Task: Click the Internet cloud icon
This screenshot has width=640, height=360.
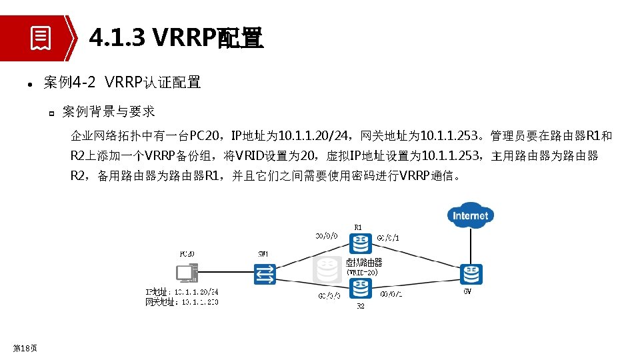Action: [x=471, y=215]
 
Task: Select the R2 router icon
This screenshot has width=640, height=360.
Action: [x=361, y=288]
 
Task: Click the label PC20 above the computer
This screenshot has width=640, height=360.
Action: [x=187, y=254]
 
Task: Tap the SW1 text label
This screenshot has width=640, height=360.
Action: [x=263, y=254]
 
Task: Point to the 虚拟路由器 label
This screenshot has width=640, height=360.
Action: [x=363, y=263]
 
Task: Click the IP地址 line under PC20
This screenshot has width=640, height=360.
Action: [x=182, y=291]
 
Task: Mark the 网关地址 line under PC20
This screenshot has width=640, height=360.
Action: [x=182, y=301]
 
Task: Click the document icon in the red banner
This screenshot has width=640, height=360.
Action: [x=41, y=38]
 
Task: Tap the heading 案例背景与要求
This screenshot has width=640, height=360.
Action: [x=109, y=111]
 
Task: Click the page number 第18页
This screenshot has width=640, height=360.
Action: [x=25, y=347]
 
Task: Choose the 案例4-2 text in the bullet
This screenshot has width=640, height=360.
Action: [x=70, y=83]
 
